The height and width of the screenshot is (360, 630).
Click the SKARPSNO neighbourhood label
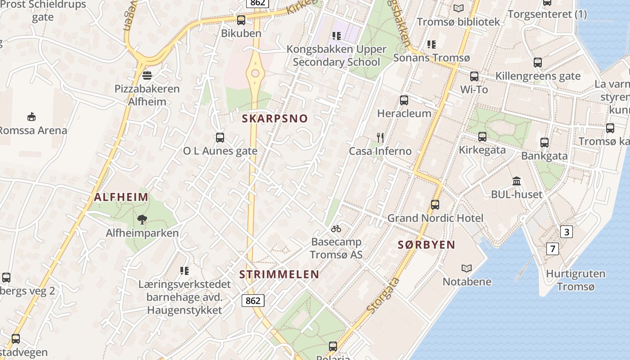275,119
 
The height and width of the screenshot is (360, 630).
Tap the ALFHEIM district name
121,197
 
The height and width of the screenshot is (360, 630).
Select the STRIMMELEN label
279,274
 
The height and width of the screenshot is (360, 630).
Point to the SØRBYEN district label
427,245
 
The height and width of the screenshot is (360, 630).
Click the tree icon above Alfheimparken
142,220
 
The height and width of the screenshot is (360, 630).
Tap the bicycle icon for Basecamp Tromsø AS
336,229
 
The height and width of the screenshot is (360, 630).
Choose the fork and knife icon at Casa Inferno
381,138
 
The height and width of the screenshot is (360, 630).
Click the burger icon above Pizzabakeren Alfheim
147,75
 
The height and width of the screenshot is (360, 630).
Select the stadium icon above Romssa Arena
31,117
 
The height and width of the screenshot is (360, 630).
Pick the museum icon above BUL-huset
517,181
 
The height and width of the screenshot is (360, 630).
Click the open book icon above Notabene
467,268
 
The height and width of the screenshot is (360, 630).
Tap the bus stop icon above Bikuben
241,20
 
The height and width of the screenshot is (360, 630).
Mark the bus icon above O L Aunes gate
220,138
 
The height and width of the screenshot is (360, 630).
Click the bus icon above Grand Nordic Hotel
435,205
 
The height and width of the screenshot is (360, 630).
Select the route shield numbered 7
553,248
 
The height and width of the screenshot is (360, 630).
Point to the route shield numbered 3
567,232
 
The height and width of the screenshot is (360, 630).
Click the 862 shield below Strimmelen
253,301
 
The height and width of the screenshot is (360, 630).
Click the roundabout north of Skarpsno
256,73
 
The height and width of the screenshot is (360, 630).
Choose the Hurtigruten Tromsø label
576,280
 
